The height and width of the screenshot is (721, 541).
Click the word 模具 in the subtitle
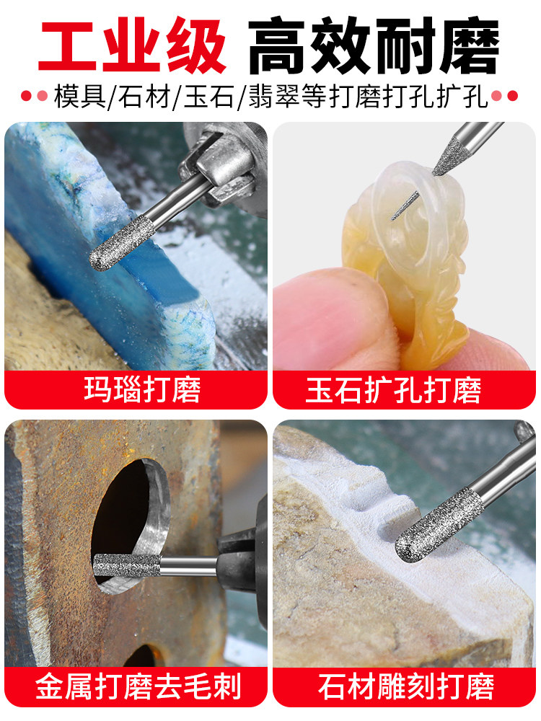(79, 96)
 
